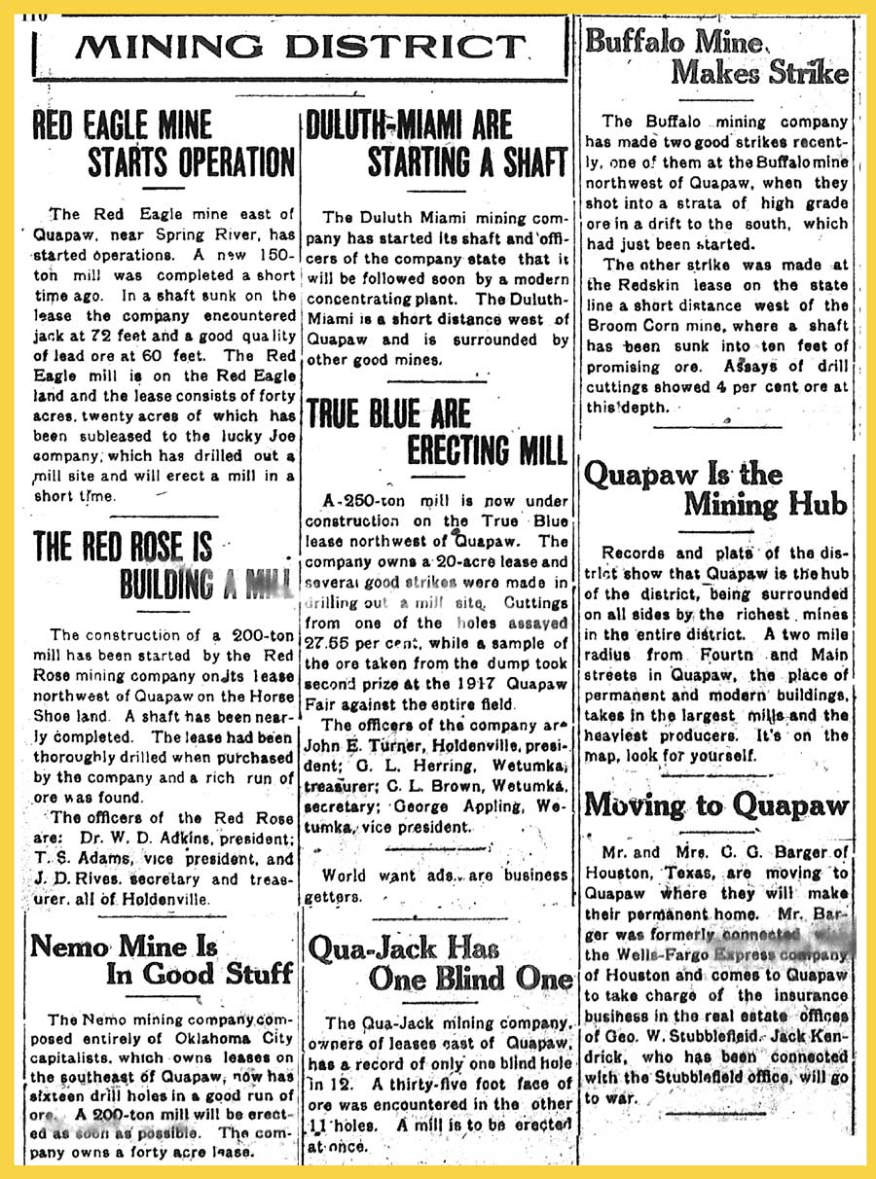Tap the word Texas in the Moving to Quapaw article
click(686, 874)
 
